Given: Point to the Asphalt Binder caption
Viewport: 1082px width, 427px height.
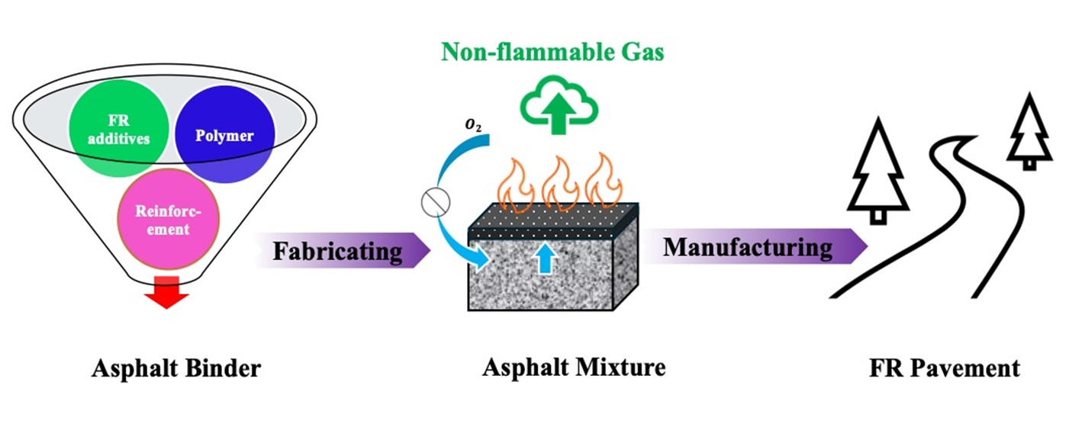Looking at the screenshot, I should (x=176, y=369).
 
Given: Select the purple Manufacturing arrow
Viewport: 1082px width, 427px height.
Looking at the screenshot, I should (x=752, y=248).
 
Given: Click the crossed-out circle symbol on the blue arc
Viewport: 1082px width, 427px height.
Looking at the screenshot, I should (x=436, y=201).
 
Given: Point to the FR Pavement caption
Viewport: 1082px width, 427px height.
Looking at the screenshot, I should (x=944, y=368).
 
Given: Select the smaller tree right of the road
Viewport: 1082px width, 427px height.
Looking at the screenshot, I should (x=1030, y=130).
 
